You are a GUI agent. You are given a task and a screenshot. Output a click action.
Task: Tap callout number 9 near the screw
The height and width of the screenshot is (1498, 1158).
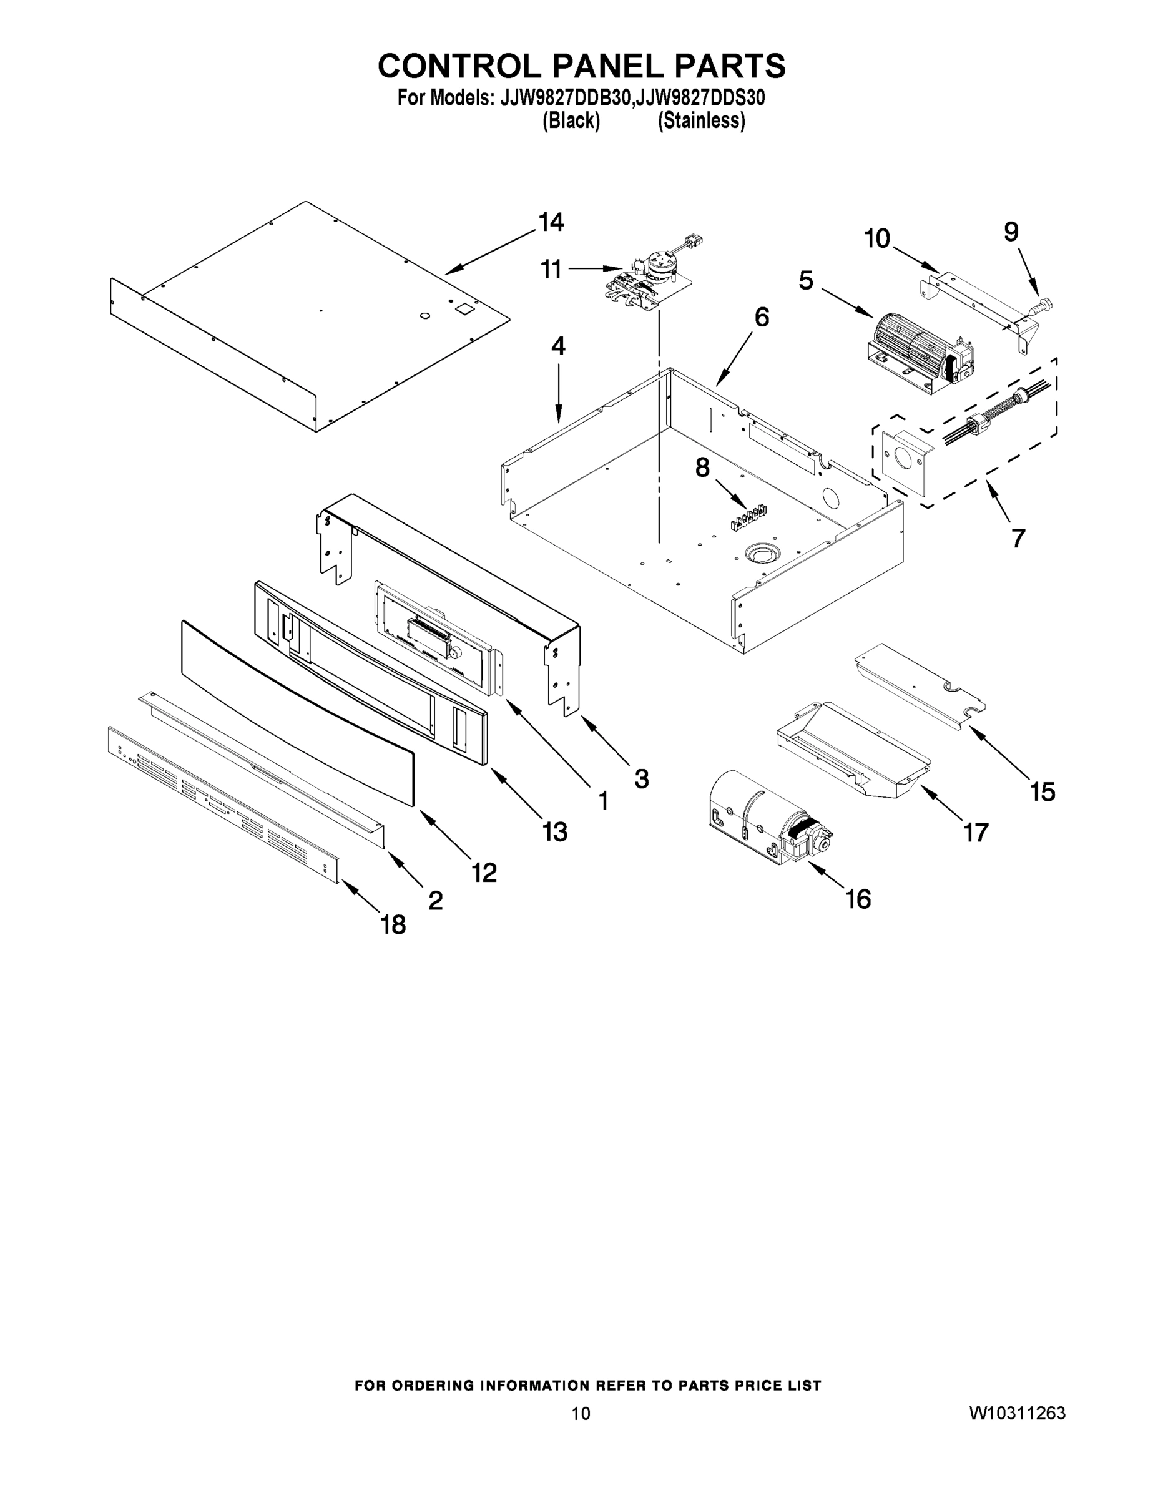click(x=1011, y=233)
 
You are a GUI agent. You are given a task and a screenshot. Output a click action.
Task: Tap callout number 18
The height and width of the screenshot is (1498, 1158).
click(x=393, y=925)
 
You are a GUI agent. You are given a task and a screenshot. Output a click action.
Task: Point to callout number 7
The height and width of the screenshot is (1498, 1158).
click(x=1018, y=539)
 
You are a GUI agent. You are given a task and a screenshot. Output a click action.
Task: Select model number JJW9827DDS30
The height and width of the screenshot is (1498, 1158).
click(x=700, y=99)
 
